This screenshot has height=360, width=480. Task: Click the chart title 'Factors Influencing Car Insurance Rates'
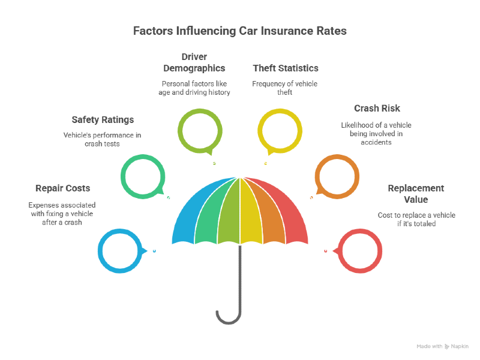(x=239, y=31)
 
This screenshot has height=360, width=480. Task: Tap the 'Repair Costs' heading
(x=62, y=188)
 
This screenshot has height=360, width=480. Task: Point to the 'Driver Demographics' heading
(x=194, y=62)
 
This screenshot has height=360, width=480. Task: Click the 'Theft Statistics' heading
(x=285, y=68)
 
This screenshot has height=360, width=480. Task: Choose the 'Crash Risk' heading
(x=376, y=109)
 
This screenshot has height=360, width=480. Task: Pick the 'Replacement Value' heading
(x=416, y=194)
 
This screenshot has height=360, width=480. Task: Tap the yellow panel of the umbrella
(x=251, y=210)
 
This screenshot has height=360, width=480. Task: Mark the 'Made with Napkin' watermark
(x=442, y=346)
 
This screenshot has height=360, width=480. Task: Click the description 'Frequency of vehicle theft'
(x=285, y=88)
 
